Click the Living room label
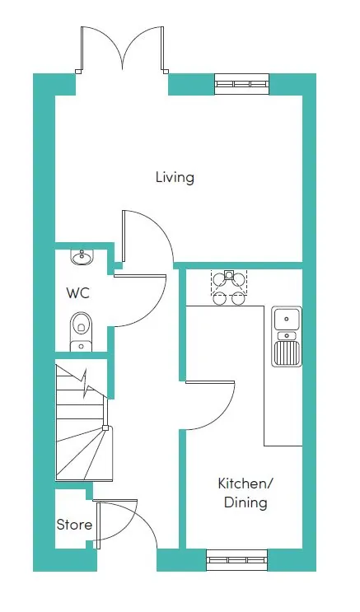point(175,178)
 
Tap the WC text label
point(78,292)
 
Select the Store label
point(75,525)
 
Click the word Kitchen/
point(245,484)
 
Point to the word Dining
point(245,502)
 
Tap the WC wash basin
point(82,257)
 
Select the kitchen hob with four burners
point(229,287)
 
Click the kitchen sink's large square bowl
point(287,319)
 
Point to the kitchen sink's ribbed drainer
point(287,353)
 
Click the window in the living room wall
point(242,84)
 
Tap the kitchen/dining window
point(237,560)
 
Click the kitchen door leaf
point(210,382)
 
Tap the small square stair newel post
point(105,427)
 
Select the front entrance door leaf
point(115,500)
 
